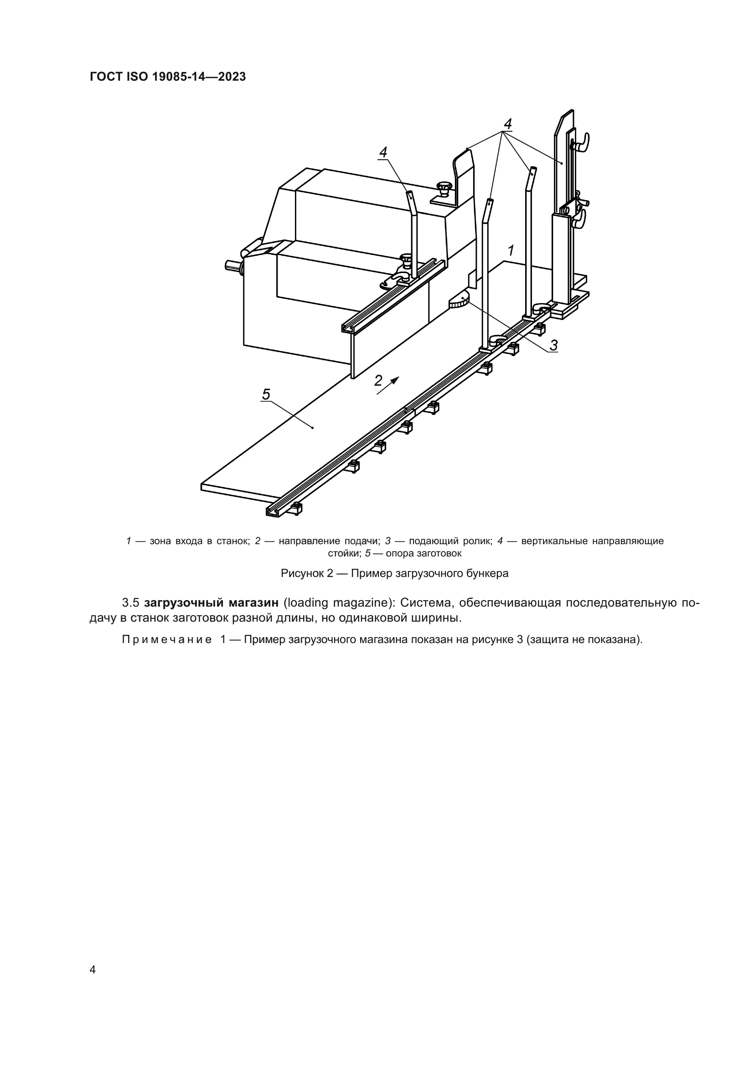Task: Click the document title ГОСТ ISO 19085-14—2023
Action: pyautogui.click(x=168, y=77)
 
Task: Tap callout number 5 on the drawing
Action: pyautogui.click(x=266, y=394)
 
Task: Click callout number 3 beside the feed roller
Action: pyautogui.click(x=553, y=345)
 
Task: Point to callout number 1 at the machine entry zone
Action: pyautogui.click(x=511, y=251)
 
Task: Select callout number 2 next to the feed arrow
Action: pyautogui.click(x=378, y=380)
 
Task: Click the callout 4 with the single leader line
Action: pyautogui.click(x=383, y=152)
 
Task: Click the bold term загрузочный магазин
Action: pyautogui.click(x=211, y=603)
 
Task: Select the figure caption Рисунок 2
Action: pyautogui.click(x=394, y=573)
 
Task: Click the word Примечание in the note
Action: pyautogui.click(x=167, y=640)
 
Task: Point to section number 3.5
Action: pyautogui.click(x=130, y=603)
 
